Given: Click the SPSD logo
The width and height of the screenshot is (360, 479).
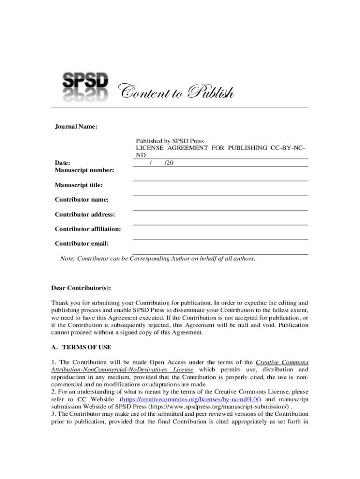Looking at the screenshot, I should (86, 86).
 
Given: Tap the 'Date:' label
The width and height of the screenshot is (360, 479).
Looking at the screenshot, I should (63, 163).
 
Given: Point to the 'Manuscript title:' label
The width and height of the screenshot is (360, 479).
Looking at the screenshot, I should (79, 185).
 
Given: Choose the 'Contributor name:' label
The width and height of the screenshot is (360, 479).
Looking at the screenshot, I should (82, 200).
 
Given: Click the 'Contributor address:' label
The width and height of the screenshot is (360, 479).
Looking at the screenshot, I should (85, 215).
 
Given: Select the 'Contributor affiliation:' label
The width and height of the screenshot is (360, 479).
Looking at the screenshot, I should (88, 229).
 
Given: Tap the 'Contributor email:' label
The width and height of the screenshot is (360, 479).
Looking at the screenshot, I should (82, 244).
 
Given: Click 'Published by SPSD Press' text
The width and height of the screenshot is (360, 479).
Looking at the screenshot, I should (170, 141).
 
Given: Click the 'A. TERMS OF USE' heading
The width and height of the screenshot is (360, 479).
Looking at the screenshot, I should (81, 348).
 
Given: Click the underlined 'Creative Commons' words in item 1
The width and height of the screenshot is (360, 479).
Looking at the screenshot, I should (282, 363).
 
